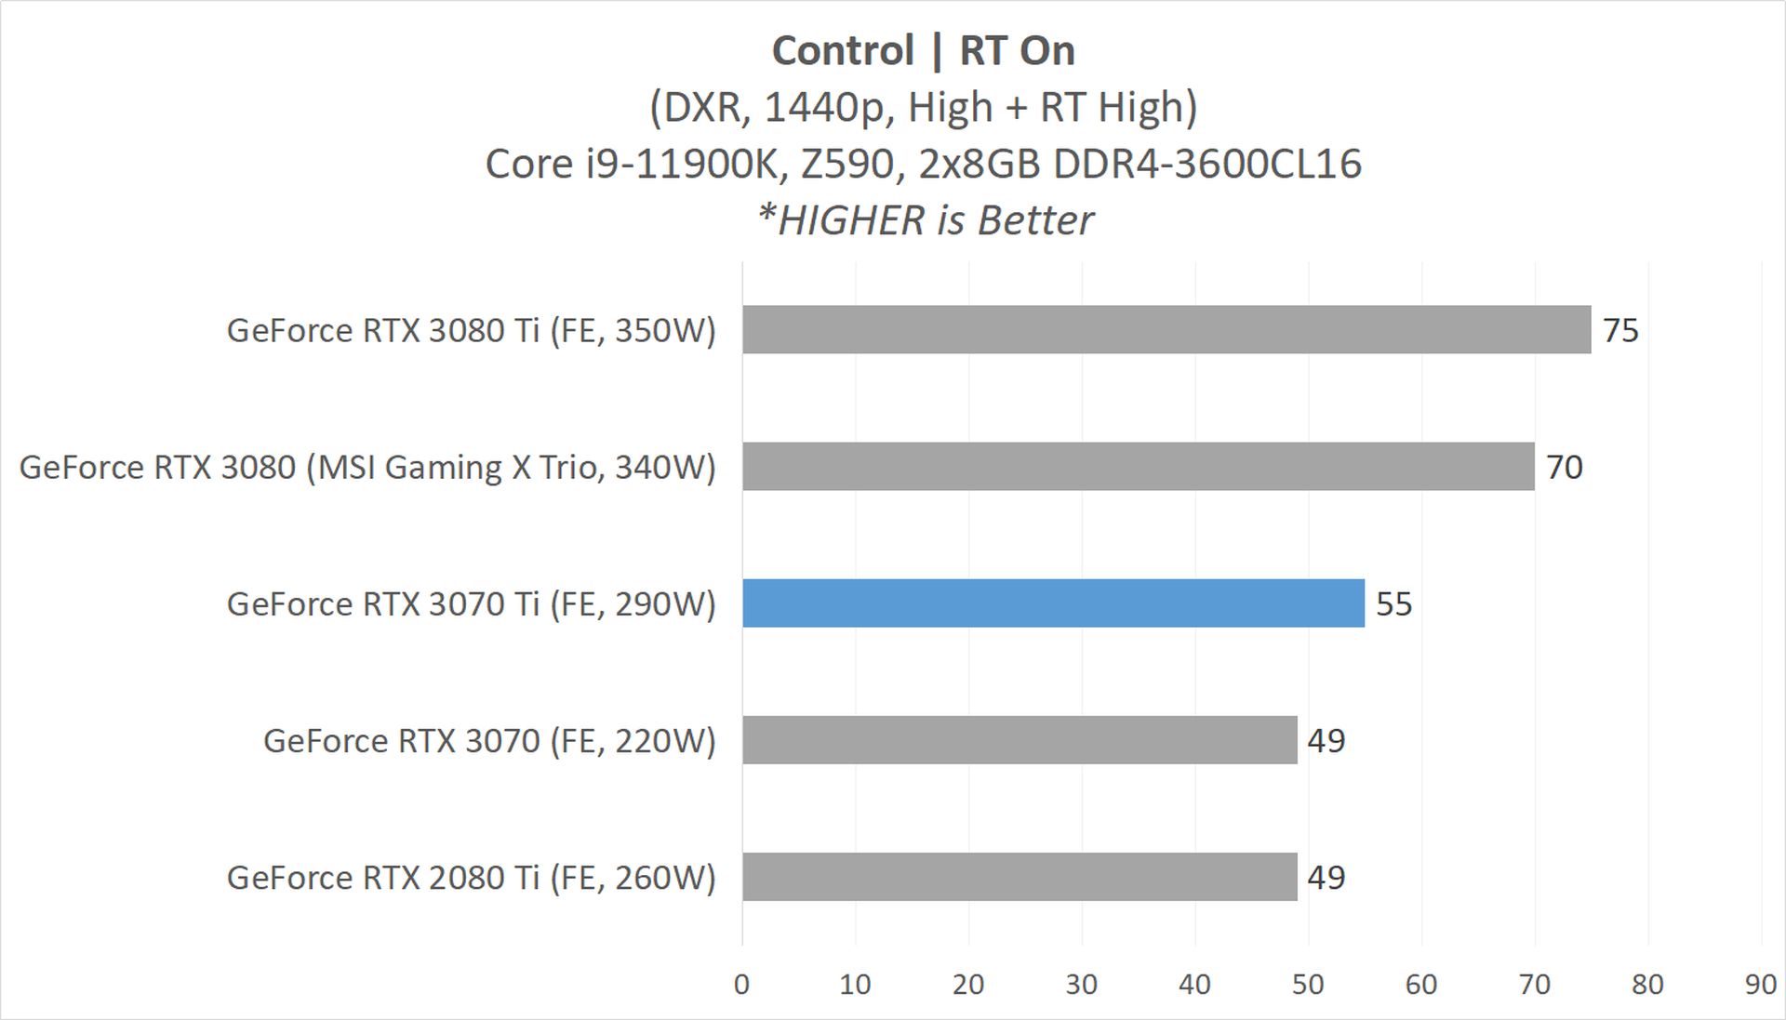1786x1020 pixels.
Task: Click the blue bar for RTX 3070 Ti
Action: point(1053,603)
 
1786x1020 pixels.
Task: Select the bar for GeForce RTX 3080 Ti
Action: point(1166,329)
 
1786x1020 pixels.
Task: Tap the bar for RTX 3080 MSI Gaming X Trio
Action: point(1138,466)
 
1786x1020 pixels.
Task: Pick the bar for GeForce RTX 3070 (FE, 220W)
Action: point(1020,739)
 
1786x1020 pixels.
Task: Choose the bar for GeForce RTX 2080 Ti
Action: point(1020,876)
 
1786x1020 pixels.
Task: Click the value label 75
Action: point(1620,330)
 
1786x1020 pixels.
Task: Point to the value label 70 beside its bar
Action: point(1564,467)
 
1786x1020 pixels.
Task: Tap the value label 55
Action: point(1393,603)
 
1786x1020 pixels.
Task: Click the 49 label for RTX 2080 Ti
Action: point(1326,877)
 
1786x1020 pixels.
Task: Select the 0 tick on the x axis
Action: point(741,984)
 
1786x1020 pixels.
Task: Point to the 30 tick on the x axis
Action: point(1081,984)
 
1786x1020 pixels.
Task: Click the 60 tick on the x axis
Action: point(1420,984)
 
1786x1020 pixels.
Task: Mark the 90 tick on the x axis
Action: point(1760,984)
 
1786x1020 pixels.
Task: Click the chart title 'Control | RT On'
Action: point(923,50)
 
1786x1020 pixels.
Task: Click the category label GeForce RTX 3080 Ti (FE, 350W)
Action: point(471,330)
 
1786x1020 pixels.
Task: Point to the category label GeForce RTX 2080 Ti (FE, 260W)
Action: point(471,877)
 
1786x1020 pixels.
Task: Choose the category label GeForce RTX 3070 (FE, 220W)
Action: point(489,740)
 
